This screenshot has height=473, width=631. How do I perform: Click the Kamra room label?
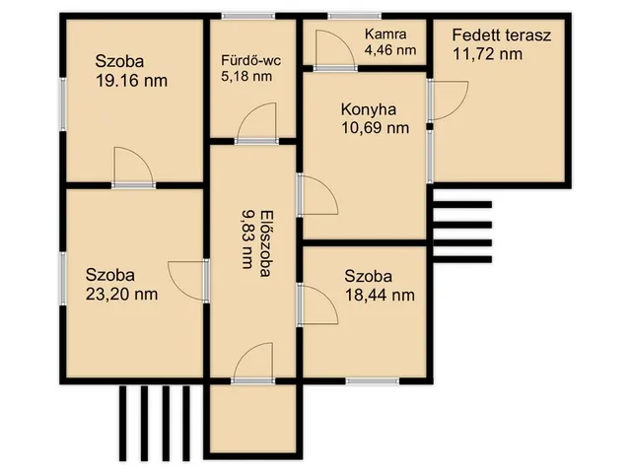[x=386, y=34]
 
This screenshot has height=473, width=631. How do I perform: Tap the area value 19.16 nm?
[x=131, y=81]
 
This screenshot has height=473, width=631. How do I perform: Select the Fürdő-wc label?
[x=250, y=61]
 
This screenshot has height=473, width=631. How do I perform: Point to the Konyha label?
[x=368, y=109]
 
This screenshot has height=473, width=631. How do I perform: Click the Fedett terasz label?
[x=502, y=35]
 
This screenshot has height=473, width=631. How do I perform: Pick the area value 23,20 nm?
[x=121, y=294]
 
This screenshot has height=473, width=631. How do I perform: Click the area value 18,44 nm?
[x=380, y=296]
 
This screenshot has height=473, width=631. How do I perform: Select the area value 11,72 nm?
[x=488, y=54]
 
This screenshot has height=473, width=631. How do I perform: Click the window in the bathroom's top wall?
[x=248, y=17]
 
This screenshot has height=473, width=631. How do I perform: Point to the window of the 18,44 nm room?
[x=373, y=380]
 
